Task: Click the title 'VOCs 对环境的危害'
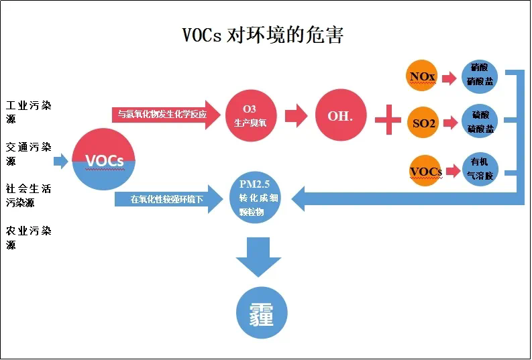point(263,35)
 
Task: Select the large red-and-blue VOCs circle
point(104,160)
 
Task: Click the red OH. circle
point(340,115)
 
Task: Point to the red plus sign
point(387,121)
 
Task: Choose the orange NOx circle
point(423,76)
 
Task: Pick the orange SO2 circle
point(423,123)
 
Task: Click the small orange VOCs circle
point(426,171)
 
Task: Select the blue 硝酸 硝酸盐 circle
point(480,75)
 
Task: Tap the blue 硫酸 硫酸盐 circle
point(480,123)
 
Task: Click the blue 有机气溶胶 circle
point(480,170)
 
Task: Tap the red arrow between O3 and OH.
point(295,115)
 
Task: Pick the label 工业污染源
point(28,112)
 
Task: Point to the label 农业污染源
point(28,238)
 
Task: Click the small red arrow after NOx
point(450,76)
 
